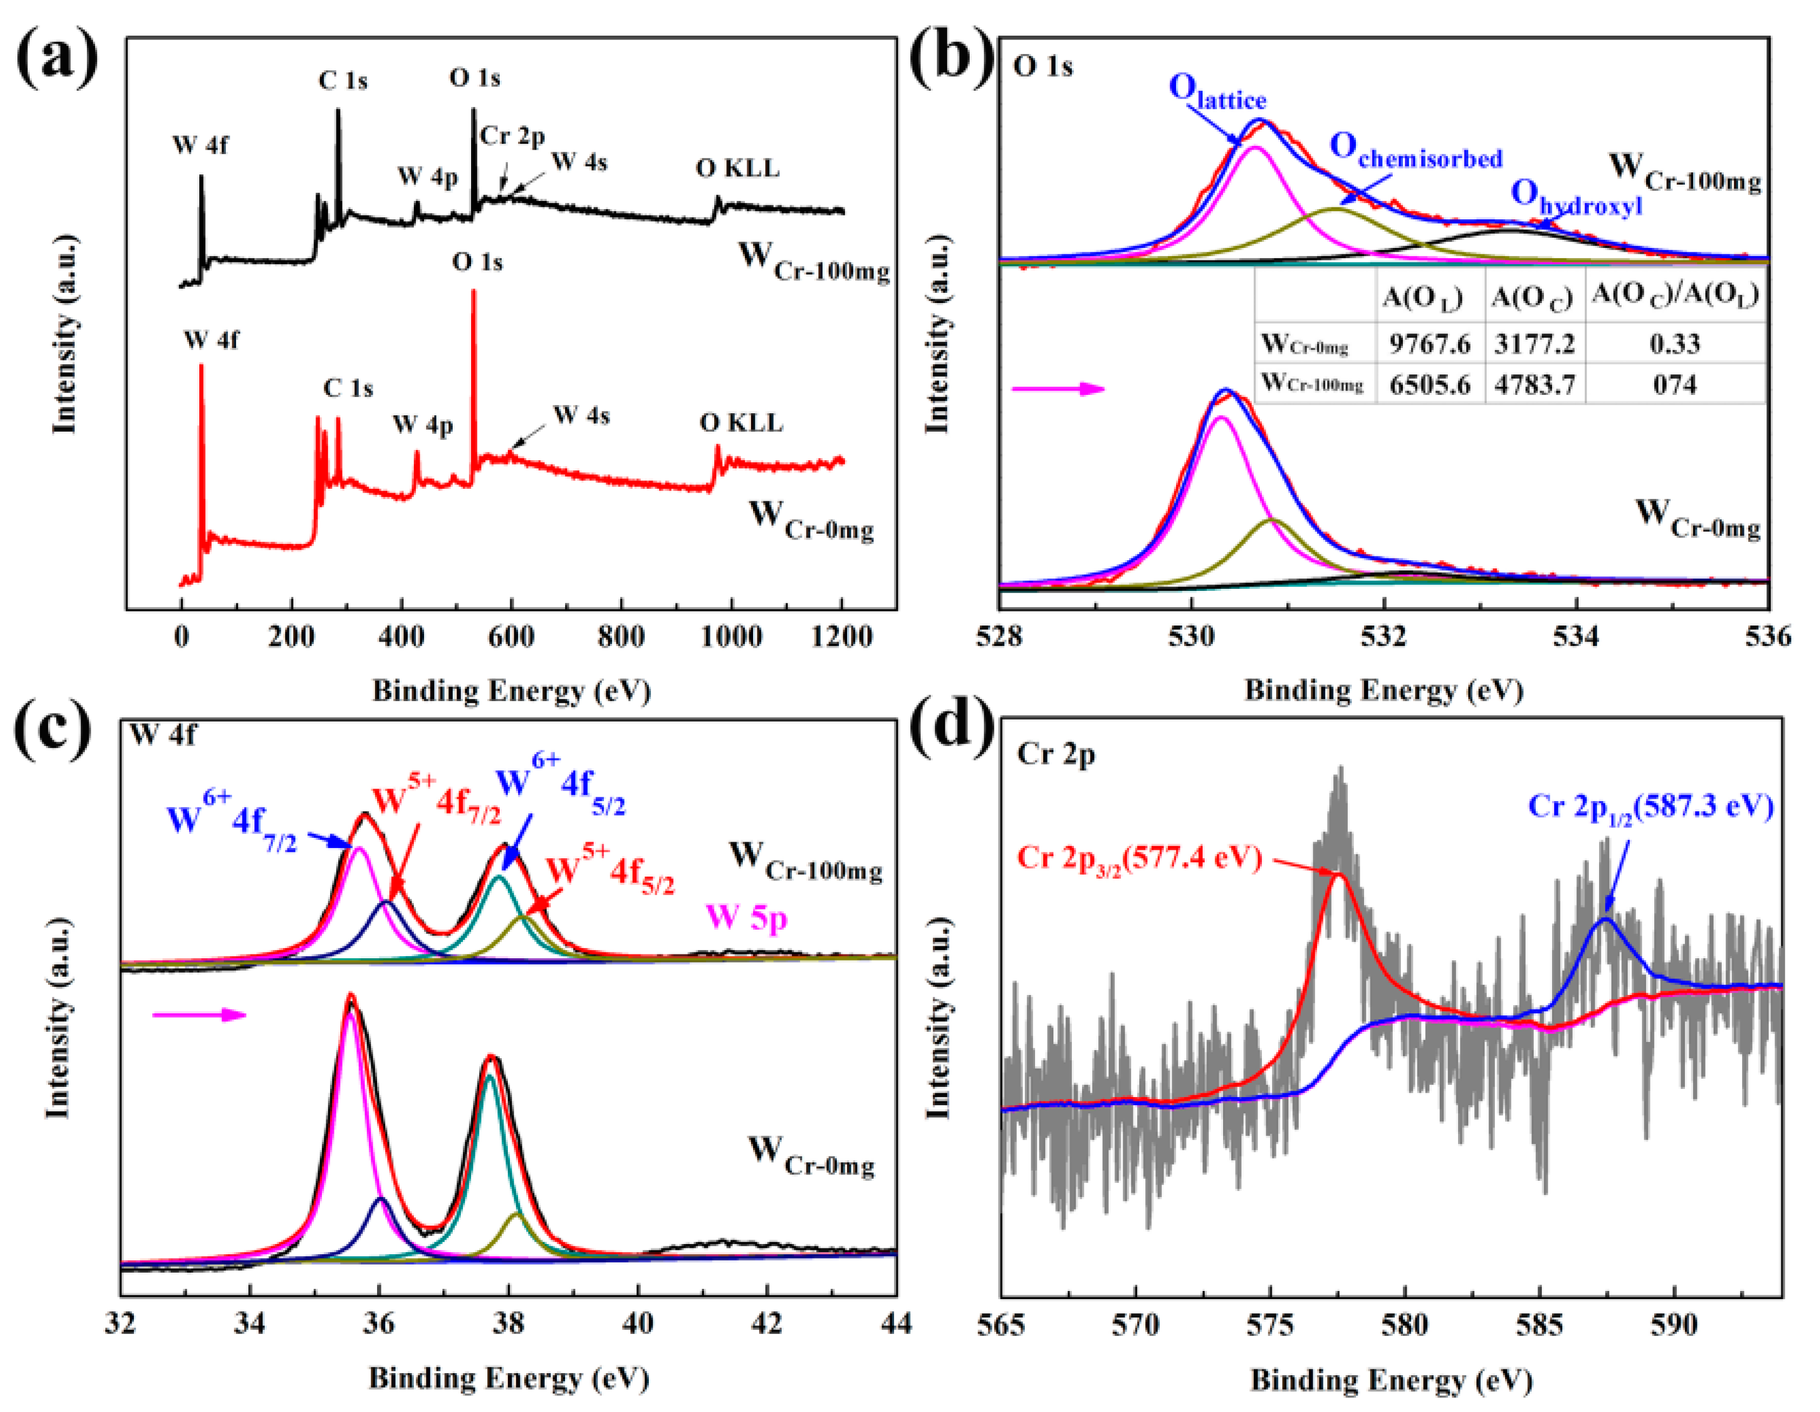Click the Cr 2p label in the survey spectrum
tap(512, 135)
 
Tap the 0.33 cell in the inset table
tap(1674, 343)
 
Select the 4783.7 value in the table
tap(1534, 384)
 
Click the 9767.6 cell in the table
tap(1429, 343)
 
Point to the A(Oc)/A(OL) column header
tap(1675, 295)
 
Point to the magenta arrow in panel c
tap(200, 1014)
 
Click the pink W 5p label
tap(747, 917)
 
